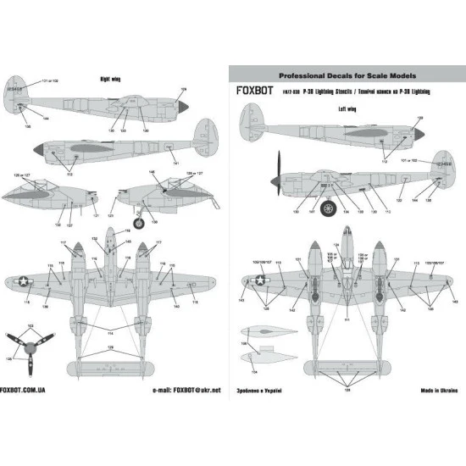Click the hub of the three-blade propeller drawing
(x=35, y=349)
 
